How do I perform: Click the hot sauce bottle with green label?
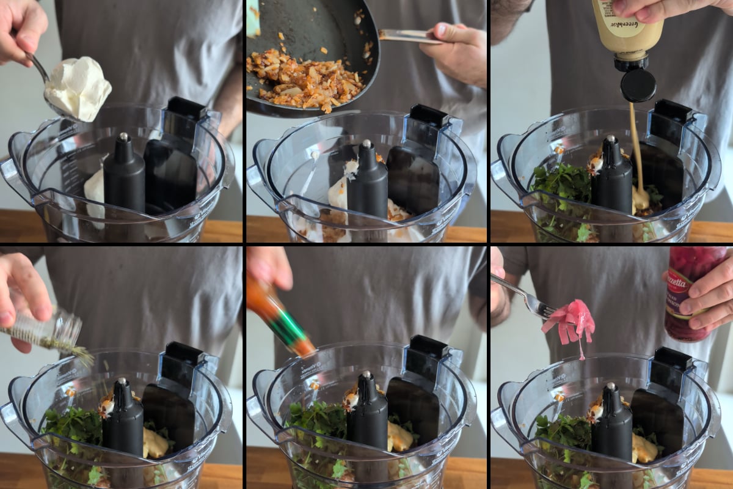click(x=281, y=318)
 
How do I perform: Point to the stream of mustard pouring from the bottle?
click(x=636, y=147)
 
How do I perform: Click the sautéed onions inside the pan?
click(x=305, y=79)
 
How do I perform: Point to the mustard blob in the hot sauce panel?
click(x=401, y=437)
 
